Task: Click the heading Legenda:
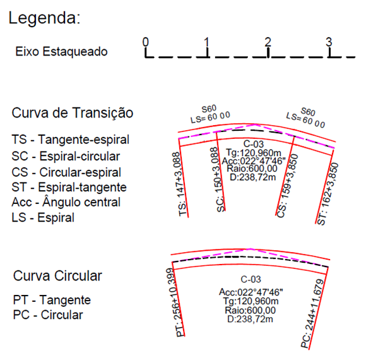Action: [x=44, y=18]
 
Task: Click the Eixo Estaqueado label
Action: [x=61, y=52]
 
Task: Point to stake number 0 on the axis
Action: [x=146, y=42]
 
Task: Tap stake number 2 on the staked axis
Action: [x=268, y=42]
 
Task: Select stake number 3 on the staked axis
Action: [x=329, y=42]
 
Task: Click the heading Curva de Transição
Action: [x=73, y=113]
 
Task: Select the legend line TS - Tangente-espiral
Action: [x=71, y=140]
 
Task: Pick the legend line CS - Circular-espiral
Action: [x=66, y=172]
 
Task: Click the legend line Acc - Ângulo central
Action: [x=66, y=202]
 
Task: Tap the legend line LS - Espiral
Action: [x=43, y=217]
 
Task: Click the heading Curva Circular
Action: [x=57, y=276]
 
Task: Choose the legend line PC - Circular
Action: [x=48, y=315]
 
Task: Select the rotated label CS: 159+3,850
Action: [x=287, y=186]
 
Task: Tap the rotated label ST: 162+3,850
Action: [x=328, y=194]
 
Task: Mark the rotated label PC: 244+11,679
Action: [x=312, y=314]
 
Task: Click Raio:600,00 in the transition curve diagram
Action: [x=252, y=169]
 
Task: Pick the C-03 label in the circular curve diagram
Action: [x=251, y=279]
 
